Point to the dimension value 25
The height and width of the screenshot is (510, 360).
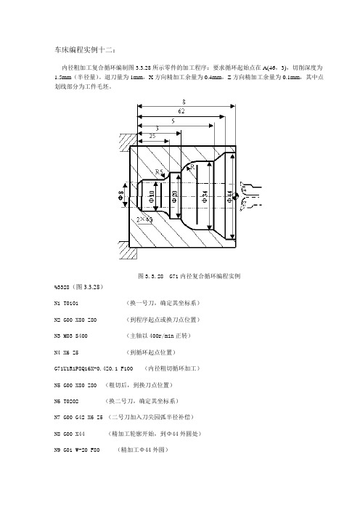(150, 135)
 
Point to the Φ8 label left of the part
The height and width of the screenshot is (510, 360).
(120, 195)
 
